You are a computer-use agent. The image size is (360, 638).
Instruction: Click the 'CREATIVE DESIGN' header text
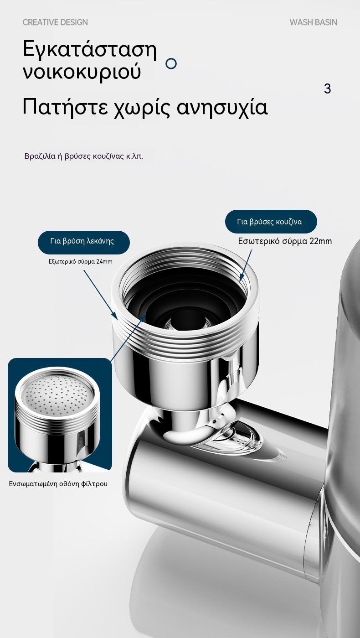pyautogui.click(x=55, y=22)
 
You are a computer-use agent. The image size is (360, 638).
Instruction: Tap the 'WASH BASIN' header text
pyautogui.click(x=314, y=22)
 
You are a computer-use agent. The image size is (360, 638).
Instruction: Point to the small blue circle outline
pyautogui.click(x=171, y=63)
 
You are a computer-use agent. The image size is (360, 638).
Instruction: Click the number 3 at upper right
pyautogui.click(x=328, y=88)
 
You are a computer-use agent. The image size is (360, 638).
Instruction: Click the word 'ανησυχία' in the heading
pyautogui.click(x=222, y=108)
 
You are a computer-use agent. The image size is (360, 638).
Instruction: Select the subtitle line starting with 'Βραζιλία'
pyautogui.click(x=84, y=156)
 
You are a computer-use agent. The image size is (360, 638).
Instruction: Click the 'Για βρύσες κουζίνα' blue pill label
pyautogui.click(x=271, y=222)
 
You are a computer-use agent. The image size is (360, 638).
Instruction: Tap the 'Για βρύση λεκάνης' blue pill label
pyautogui.click(x=84, y=242)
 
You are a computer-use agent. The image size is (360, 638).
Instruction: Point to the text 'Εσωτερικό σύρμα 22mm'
pyautogui.click(x=285, y=241)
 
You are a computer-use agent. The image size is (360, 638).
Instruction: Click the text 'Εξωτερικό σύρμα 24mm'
pyautogui.click(x=81, y=261)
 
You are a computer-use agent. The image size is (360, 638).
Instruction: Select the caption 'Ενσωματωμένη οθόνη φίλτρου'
pyautogui.click(x=58, y=484)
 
